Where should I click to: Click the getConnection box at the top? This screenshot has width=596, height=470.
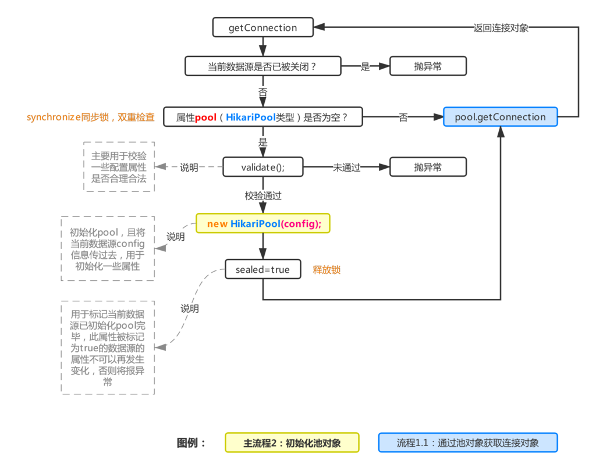tap(262, 27)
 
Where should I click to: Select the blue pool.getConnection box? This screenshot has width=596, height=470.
tap(500, 117)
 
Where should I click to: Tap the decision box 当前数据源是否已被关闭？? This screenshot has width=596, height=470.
tap(262, 66)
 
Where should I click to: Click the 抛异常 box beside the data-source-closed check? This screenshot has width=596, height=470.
tap(428, 66)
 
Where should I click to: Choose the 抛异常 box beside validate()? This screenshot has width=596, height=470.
tap(428, 167)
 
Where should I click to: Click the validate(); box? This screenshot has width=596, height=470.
tap(262, 167)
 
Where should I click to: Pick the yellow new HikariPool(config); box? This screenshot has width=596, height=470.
tap(263, 223)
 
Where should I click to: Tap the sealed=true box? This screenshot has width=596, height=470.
tap(262, 270)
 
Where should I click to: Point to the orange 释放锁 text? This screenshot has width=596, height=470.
tap(327, 270)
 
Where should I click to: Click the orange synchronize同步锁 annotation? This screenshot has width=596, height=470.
tap(90, 117)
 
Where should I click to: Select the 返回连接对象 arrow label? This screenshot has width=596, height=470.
tap(501, 27)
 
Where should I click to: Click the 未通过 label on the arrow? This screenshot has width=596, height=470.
tap(346, 168)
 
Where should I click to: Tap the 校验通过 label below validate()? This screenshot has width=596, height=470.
tap(263, 195)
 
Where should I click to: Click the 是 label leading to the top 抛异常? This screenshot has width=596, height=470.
tap(365, 66)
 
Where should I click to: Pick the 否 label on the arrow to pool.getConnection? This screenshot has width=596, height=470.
tap(403, 117)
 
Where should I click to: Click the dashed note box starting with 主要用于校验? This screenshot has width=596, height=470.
tap(119, 166)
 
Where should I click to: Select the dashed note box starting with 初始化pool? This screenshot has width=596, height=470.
tap(108, 249)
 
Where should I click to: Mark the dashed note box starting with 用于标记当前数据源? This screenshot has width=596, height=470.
tap(108, 348)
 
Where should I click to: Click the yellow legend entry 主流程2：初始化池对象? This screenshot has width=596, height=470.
tap(292, 443)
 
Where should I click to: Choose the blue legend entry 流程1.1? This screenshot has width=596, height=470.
tap(468, 443)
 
